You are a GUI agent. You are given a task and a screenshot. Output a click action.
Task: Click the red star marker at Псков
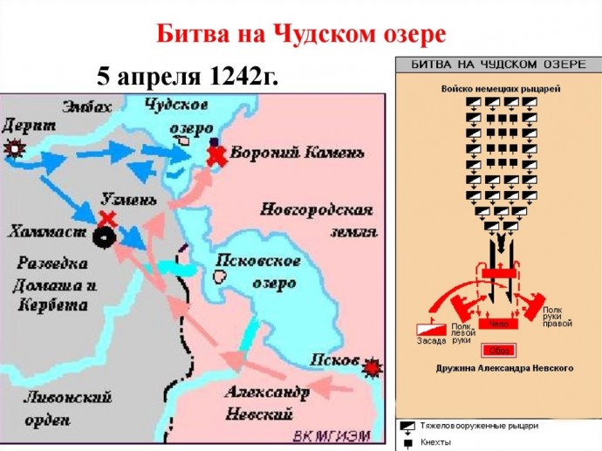pyautogui.click(x=373, y=367)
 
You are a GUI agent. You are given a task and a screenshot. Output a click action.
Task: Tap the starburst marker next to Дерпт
pyautogui.click(x=14, y=147)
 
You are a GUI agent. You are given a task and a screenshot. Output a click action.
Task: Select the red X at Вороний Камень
pyautogui.click(x=215, y=155)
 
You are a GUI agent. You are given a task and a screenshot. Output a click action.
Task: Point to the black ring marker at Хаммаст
pyautogui.click(x=106, y=236)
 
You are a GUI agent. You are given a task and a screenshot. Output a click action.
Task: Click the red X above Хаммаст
pyautogui.click(x=107, y=216)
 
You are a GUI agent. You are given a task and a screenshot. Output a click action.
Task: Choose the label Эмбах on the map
pyautogui.click(x=87, y=107)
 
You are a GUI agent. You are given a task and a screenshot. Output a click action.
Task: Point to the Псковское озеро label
pyautogui.click(x=258, y=271)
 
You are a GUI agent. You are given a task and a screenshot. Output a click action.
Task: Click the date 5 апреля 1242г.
pyautogui.click(x=188, y=76)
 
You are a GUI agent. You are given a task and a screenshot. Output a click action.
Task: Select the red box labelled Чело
pyautogui.click(x=498, y=324)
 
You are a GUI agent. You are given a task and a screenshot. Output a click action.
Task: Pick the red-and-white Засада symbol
pyautogui.click(x=431, y=330)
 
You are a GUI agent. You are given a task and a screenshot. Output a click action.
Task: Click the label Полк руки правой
pyautogui.click(x=557, y=317)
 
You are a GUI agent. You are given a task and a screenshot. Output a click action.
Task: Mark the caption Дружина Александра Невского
pyautogui.click(x=504, y=369)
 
